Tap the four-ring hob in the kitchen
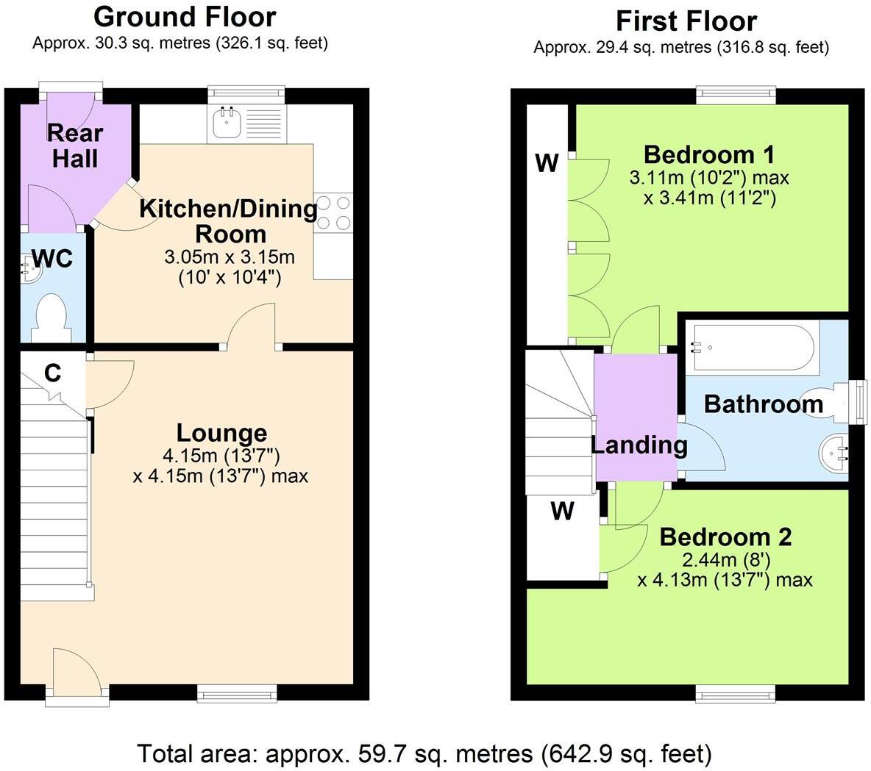(333, 212)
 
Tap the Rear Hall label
(75, 146)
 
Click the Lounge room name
(221, 433)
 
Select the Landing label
(639, 445)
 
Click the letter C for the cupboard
(52, 373)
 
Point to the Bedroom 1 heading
(708, 155)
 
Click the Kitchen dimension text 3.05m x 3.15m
(229, 257)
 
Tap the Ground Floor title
(185, 16)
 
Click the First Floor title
(686, 21)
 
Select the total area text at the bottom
(424, 753)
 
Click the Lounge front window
(237, 692)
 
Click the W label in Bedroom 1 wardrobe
(547, 163)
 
